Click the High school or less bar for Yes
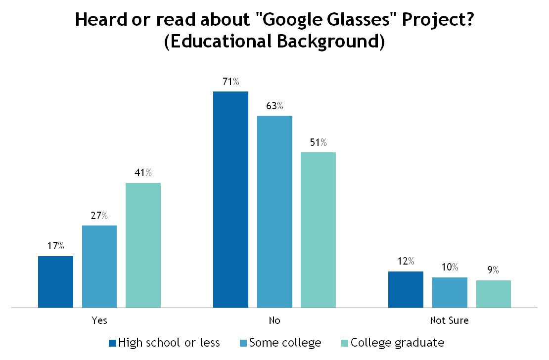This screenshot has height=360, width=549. click(55, 282)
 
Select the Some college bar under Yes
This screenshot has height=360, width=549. click(99, 267)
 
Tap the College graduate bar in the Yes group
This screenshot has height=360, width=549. click(143, 245)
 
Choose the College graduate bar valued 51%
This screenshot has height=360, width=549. click(318, 230)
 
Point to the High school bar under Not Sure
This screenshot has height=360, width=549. click(406, 289)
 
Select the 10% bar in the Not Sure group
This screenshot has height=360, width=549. click(450, 292)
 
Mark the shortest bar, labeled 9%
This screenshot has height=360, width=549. click(493, 294)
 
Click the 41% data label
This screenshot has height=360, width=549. click(143, 173)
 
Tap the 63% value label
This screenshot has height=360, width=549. click(274, 106)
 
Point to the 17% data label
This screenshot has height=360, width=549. click(55, 246)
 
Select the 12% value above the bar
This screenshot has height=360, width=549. click(406, 262)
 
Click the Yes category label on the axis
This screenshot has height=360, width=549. click(99, 320)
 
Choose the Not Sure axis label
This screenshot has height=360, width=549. click(449, 320)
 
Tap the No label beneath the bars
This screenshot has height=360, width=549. click(274, 320)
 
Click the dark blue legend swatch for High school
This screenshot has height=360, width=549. click(112, 343)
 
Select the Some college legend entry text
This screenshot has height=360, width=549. click(285, 342)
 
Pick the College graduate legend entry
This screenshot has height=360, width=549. click(397, 342)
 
